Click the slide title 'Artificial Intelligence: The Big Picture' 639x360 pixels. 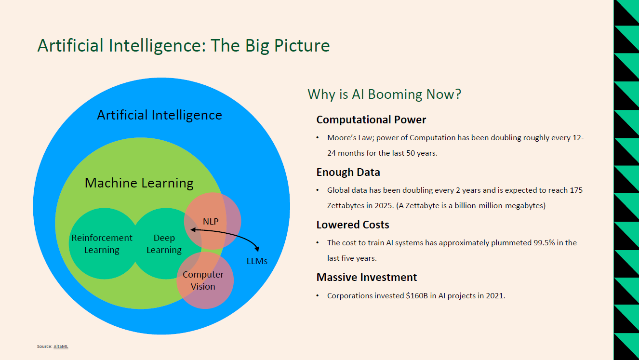coord(184,46)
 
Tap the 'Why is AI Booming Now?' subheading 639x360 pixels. coord(384,94)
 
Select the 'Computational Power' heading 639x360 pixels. coord(371,120)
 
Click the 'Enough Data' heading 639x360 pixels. coord(348,172)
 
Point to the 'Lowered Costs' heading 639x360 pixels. coord(353,225)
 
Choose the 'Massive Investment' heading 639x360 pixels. coord(367,277)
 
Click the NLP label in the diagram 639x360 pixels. coord(211,221)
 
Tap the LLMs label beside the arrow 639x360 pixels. coord(257,261)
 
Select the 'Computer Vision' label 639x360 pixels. coord(203,280)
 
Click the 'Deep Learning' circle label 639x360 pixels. coord(164,244)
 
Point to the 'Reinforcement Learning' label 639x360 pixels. coord(102,244)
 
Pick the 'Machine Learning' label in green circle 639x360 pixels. coord(139,183)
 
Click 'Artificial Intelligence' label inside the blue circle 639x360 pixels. coord(160,115)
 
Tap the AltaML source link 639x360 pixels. coord(61,347)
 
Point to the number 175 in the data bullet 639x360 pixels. coord(576,190)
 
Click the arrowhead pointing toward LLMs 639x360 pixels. coord(257,249)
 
